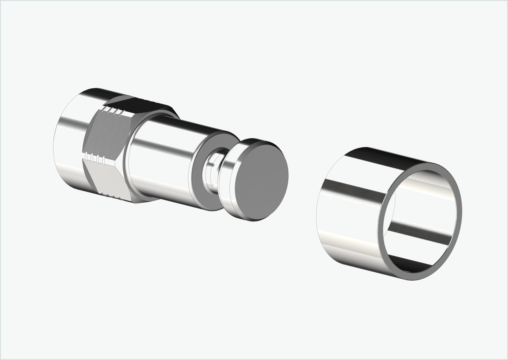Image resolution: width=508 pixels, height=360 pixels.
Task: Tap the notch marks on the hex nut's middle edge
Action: click(95, 157)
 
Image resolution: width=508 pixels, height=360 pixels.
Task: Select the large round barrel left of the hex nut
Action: click(69, 143)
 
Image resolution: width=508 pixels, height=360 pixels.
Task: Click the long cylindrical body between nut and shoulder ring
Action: click(163, 163)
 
